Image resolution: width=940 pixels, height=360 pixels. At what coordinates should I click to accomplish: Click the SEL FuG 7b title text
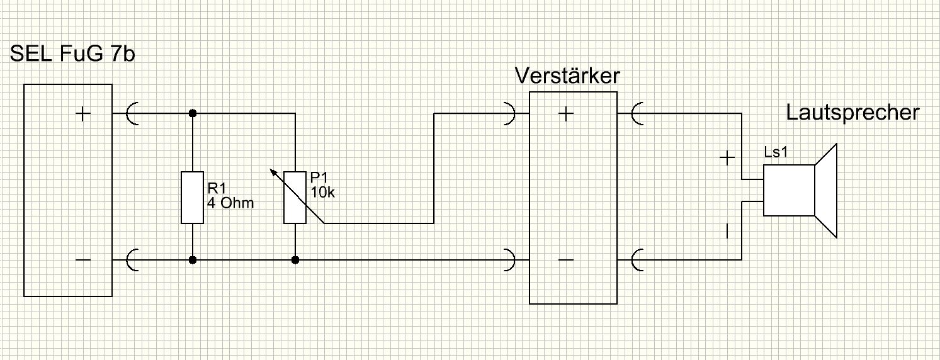[72, 54]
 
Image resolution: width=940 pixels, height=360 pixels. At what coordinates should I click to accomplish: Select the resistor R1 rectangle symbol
[192, 197]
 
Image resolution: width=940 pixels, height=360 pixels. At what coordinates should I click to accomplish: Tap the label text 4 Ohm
[230, 203]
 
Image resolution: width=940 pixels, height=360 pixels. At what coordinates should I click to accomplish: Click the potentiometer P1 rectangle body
[295, 197]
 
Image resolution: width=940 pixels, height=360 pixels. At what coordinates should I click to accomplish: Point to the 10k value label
[322, 193]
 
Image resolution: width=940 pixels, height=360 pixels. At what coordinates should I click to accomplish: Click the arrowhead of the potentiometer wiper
[273, 172]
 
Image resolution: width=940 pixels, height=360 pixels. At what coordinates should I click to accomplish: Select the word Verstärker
[567, 76]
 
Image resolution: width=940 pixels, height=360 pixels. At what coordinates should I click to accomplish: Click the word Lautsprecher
[852, 113]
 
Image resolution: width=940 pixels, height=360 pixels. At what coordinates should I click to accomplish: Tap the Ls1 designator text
[776, 152]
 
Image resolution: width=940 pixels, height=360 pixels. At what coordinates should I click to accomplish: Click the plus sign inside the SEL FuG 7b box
[82, 113]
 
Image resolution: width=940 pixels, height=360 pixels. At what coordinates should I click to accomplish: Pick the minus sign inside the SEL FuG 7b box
[82, 260]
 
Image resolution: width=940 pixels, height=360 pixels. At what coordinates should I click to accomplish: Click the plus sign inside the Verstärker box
[566, 113]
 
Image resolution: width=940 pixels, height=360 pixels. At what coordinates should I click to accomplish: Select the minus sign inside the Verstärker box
[566, 260]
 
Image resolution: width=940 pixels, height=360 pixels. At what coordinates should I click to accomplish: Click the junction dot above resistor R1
[193, 113]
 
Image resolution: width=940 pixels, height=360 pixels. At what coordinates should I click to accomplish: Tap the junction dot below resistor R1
[193, 260]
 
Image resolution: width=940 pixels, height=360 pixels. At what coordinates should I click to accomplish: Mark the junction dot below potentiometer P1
[295, 260]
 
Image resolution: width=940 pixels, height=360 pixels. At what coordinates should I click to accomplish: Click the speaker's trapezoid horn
[826, 191]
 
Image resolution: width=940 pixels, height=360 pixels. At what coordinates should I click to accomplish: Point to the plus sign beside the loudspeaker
[727, 158]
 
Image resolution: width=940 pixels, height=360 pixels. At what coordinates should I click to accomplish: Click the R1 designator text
[217, 188]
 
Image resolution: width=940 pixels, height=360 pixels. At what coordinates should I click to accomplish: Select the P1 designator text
[319, 177]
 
